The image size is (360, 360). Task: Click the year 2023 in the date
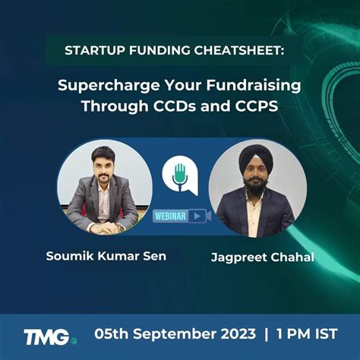[x=236, y=334]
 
